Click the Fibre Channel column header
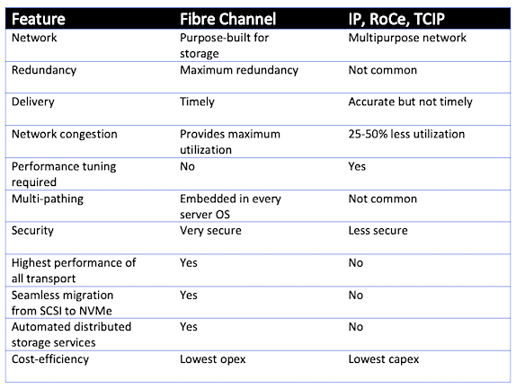227,19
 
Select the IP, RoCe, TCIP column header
396,19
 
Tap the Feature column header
39,19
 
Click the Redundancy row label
44,70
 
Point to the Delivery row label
33,102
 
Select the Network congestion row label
65,134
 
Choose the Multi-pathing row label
48,199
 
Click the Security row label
32,231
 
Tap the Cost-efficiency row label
50,359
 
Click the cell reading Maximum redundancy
239,70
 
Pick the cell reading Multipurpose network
407,38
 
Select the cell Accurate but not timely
411,102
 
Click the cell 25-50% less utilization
406,134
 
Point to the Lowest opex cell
213,359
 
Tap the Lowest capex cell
384,359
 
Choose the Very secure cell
210,231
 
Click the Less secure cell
378,231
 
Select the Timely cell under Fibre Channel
197,102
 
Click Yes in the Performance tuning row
357,166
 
